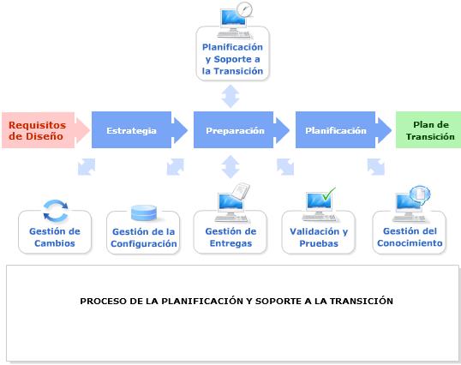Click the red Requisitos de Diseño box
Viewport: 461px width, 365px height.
[39, 130]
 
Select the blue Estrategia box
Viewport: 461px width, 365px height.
[131, 130]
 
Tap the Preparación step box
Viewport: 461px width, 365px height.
[233, 130]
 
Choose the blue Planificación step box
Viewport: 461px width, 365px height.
[335, 130]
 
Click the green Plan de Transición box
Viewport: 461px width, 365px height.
[428, 130]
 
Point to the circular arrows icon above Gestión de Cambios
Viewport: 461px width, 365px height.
[56, 211]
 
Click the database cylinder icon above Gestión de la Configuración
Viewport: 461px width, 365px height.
[144, 213]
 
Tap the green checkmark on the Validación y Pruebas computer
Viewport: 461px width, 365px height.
[329, 194]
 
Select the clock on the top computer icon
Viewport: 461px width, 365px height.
[244, 9]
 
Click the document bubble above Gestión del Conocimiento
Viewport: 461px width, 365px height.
[420, 194]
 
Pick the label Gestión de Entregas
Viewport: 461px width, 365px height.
[230, 237]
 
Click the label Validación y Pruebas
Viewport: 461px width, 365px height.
[319, 237]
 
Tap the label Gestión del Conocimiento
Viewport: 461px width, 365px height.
[410, 236]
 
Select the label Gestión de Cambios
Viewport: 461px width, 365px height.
[55, 237]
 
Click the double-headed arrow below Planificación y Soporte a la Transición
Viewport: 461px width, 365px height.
[230, 96]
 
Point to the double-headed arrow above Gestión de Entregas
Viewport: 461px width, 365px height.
[230, 166]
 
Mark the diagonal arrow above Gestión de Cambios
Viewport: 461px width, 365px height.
[87, 167]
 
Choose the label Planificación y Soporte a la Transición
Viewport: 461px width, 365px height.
[232, 59]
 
